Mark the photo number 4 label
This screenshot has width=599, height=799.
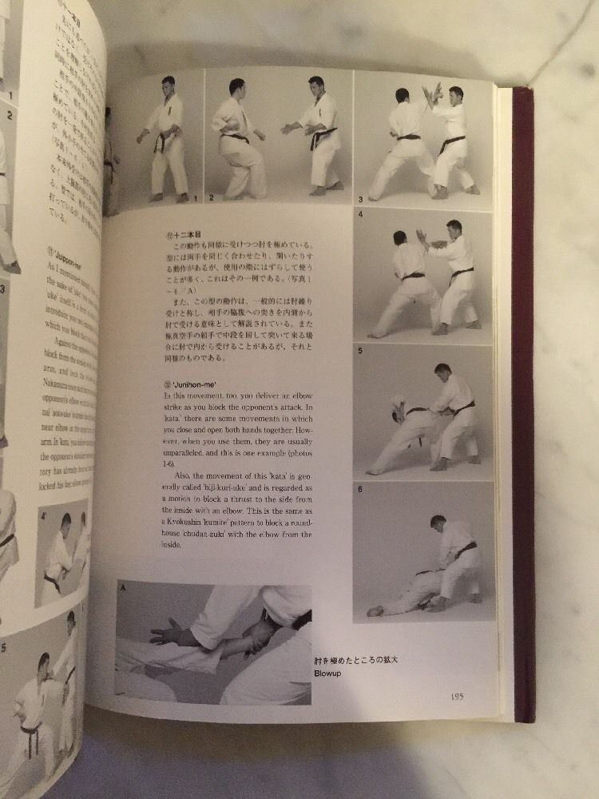click(360, 214)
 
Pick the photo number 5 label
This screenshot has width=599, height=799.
click(360, 350)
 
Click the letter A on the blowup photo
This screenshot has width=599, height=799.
click(124, 589)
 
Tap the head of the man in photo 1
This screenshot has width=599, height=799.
click(169, 83)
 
